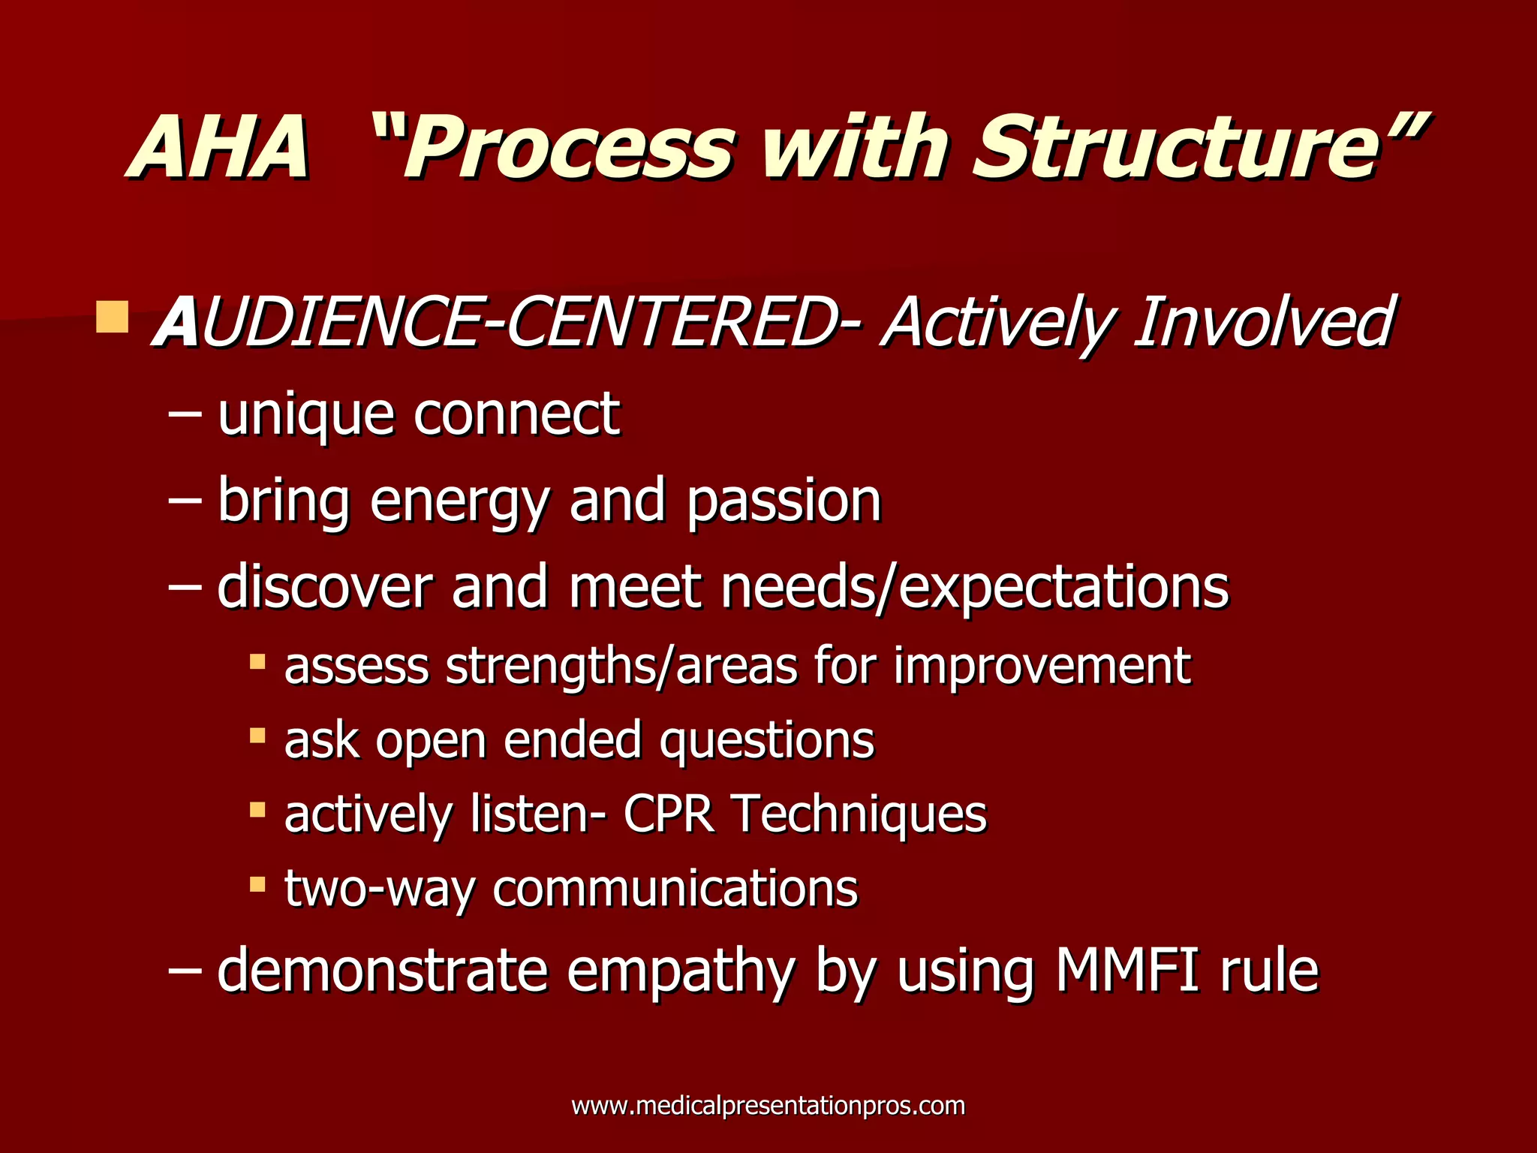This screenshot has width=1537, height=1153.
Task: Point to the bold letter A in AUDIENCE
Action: (x=176, y=323)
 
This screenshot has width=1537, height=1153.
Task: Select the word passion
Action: (x=784, y=501)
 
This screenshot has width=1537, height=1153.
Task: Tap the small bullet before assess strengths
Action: (x=257, y=661)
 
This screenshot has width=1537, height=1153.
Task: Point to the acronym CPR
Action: (x=668, y=814)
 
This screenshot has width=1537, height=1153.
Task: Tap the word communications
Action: (x=675, y=889)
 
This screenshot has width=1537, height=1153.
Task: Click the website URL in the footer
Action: (x=768, y=1106)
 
